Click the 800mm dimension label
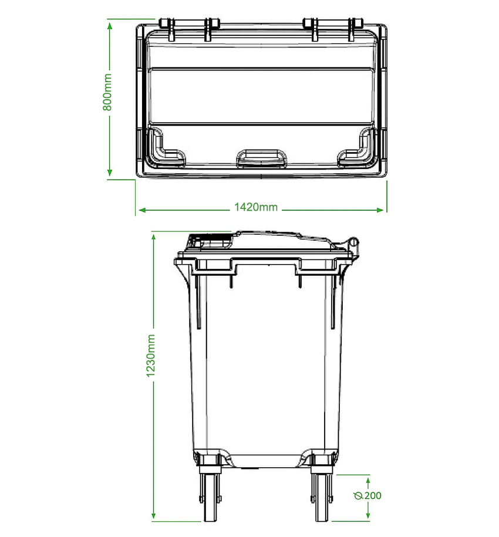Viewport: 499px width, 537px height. tap(107, 96)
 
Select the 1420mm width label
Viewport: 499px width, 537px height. tap(255, 207)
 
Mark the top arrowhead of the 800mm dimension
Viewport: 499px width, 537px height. tap(109, 25)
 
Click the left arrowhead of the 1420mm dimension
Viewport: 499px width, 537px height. tap(141, 209)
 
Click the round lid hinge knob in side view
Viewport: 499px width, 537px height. tap(352, 241)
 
